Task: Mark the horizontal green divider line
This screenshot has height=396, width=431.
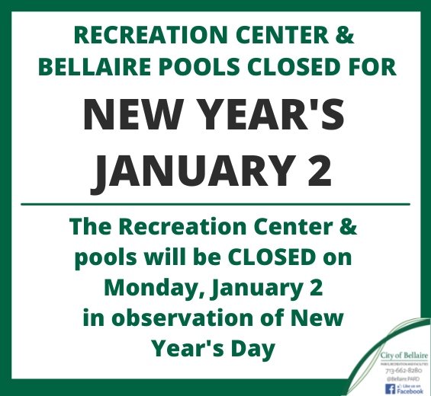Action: click(x=215, y=204)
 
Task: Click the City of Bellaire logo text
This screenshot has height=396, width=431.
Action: click(x=404, y=356)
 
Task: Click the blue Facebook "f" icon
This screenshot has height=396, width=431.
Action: click(x=390, y=388)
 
